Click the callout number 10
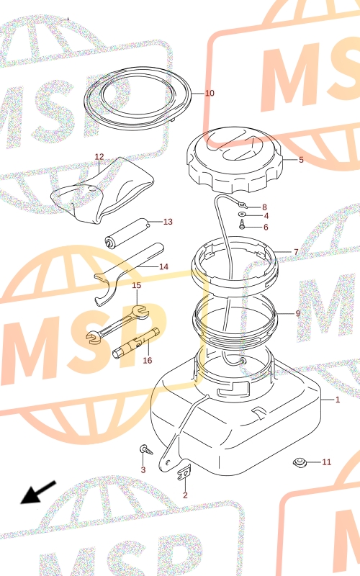tap(210, 93)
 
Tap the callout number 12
tap(99, 157)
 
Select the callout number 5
tap(301, 160)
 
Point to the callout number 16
tap(148, 361)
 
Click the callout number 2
tap(185, 495)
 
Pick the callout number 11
tap(327, 462)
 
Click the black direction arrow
tap(38, 492)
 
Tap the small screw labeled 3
tap(146, 449)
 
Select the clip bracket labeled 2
tap(184, 472)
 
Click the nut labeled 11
tap(300, 462)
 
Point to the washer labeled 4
tap(243, 215)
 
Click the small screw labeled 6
tap(242, 224)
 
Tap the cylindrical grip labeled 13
tap(127, 233)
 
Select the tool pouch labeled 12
tap(103, 191)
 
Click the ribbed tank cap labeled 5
tap(235, 160)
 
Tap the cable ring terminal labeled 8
tap(242, 203)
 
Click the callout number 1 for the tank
tap(338, 400)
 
